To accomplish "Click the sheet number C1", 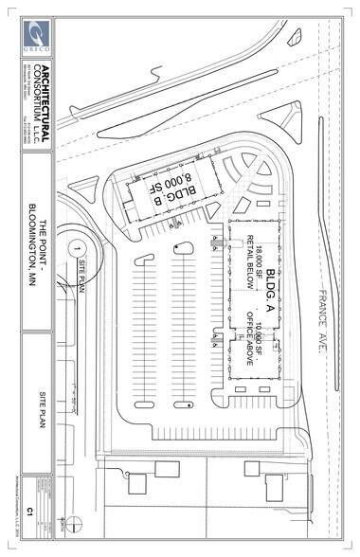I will point(29,512).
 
